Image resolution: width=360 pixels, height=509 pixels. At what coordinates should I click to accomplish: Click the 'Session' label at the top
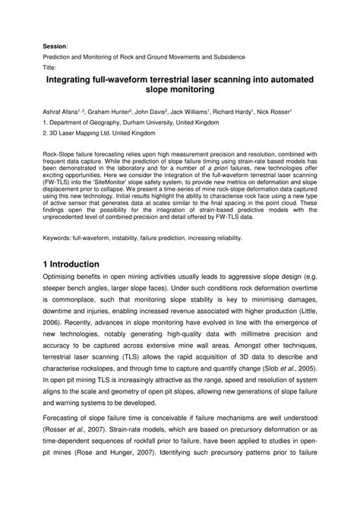pos(55,46)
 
